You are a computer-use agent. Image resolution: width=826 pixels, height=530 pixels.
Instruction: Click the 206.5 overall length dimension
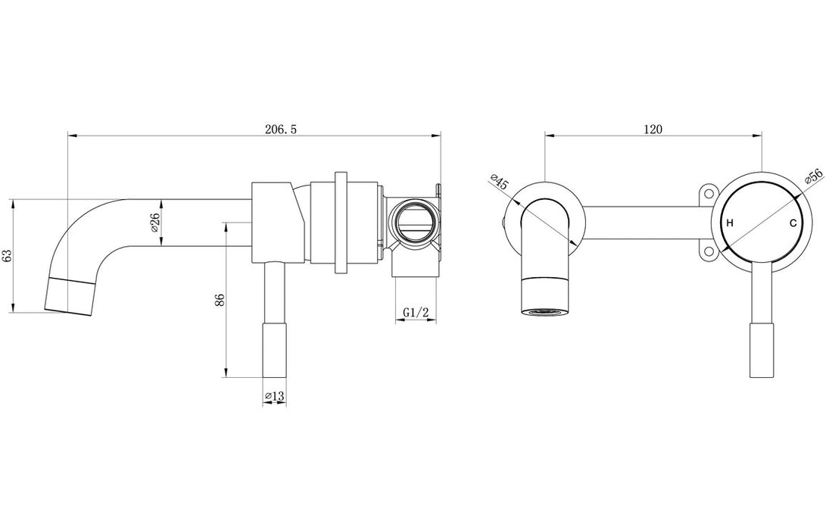280,129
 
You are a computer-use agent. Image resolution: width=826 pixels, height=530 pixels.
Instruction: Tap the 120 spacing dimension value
653,129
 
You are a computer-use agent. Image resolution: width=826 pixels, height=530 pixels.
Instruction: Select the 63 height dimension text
8,255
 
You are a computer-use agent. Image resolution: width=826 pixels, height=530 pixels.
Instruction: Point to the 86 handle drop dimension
220,300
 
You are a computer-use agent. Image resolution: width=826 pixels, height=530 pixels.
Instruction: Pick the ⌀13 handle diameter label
274,396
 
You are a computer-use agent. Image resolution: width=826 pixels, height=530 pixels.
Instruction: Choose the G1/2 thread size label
416,312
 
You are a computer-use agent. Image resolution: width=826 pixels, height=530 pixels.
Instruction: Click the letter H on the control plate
730,223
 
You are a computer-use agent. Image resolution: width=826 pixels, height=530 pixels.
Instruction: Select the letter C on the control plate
793,223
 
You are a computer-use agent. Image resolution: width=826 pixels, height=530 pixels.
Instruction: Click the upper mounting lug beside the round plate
709,195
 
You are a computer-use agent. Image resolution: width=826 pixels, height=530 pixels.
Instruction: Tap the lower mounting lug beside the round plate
709,252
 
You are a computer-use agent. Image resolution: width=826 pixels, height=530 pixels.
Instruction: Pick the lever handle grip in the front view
761,349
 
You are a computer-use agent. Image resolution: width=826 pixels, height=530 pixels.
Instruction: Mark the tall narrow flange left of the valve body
340,222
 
